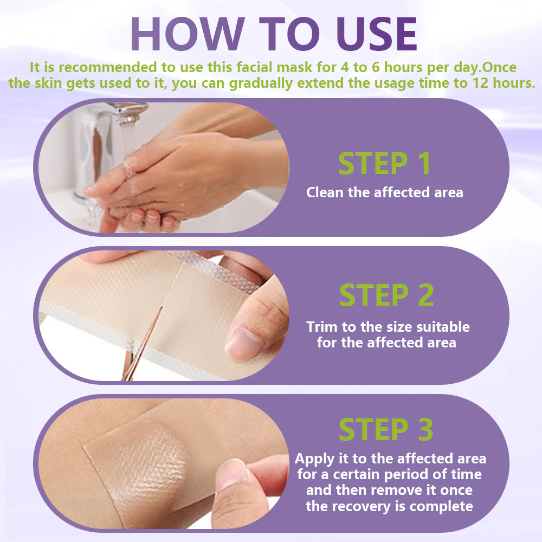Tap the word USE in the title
click(x=377, y=34)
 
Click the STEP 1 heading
click(x=384, y=163)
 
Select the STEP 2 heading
click(x=386, y=295)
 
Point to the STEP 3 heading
click(x=386, y=429)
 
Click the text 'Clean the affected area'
click(x=384, y=192)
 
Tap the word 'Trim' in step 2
click(x=321, y=327)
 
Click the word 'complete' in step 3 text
click(x=441, y=507)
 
